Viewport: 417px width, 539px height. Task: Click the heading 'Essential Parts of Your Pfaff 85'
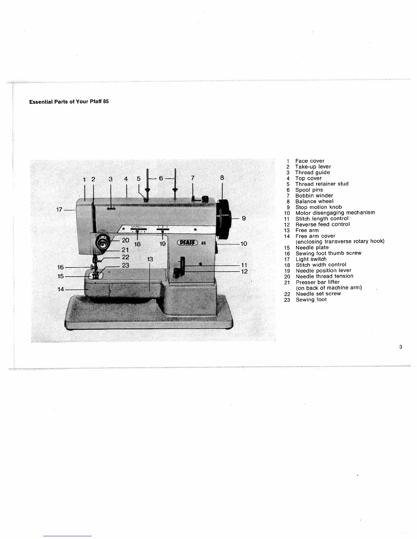tap(69, 102)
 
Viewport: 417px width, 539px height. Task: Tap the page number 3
tap(401, 347)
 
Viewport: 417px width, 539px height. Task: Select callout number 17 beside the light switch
tap(59, 210)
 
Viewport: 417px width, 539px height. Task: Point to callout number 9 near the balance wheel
tap(244, 218)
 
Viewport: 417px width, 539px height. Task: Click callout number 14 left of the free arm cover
tap(61, 289)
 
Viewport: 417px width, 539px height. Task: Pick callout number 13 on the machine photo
tap(150, 259)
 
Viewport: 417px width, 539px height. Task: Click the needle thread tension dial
tap(101, 243)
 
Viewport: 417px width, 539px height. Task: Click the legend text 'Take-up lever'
tap(313, 167)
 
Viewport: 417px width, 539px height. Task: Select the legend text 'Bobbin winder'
tap(314, 196)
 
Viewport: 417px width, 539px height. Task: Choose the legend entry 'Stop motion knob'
tap(318, 207)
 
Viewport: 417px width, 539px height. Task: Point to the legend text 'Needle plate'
tap(312, 247)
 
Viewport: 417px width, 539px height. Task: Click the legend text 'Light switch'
tap(311, 259)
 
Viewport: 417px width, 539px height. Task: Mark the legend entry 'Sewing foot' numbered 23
tap(311, 299)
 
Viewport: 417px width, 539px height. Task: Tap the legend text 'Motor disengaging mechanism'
tap(335, 213)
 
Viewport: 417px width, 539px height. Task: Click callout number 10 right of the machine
tap(244, 244)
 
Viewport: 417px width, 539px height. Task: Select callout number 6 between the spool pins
tap(161, 178)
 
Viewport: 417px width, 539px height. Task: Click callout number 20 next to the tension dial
tap(125, 240)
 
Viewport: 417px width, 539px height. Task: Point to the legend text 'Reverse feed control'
tap(322, 224)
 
